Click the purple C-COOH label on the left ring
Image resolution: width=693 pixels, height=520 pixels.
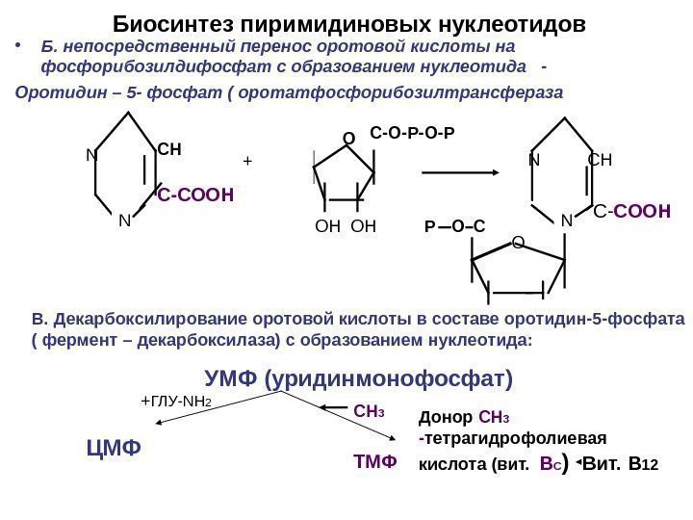tap(196, 195)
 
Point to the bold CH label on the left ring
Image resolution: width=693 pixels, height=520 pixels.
tap(169, 150)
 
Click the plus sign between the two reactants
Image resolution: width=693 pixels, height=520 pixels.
tap(246, 162)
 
